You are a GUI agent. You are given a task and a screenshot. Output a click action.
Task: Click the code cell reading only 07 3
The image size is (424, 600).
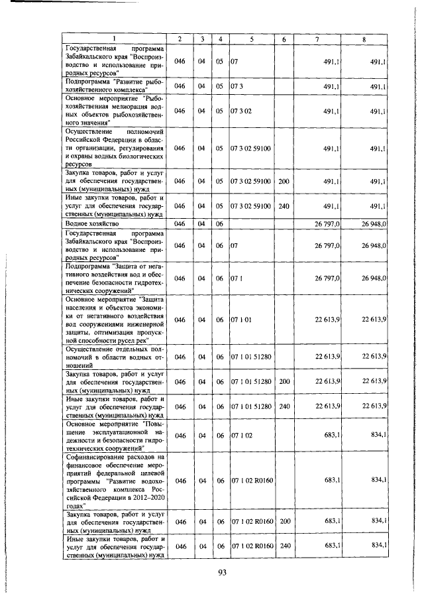pos(237,86)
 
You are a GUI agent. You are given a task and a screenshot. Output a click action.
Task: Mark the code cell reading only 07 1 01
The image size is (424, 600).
pos(240,320)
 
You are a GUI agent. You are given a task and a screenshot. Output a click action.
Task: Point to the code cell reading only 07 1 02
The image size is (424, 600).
pos(240,436)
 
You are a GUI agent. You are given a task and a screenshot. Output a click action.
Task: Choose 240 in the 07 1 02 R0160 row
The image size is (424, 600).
pos(285,545)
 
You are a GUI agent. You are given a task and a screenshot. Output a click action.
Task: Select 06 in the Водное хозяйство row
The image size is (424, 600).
pos(219,224)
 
